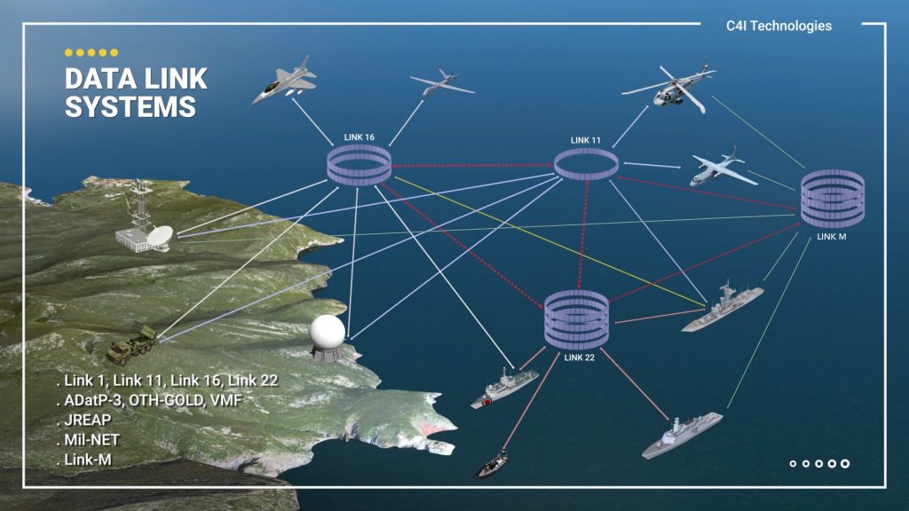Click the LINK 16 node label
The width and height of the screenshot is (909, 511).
click(360, 138)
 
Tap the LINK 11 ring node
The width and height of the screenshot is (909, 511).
click(586, 165)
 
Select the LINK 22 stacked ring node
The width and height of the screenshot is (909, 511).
click(576, 320)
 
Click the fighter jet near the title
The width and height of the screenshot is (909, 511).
click(283, 80)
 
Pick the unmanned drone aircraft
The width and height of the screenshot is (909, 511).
click(441, 84)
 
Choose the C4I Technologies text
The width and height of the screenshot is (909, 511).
click(779, 26)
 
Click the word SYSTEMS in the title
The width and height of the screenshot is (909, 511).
click(130, 107)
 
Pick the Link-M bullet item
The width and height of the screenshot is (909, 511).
click(92, 460)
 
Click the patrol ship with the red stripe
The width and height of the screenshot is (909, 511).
click(504, 389)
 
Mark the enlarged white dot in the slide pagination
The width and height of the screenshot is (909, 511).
click(845, 463)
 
